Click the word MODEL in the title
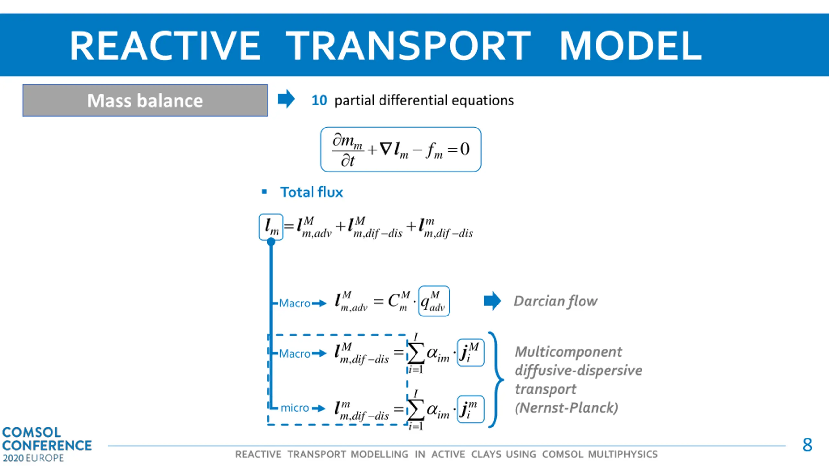pyautogui.click(x=630, y=46)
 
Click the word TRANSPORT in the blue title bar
pyautogui.click(x=408, y=46)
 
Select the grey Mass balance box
pyautogui.click(x=145, y=100)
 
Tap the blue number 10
pyautogui.click(x=319, y=100)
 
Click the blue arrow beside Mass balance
pyautogui.click(x=286, y=99)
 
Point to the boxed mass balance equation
pyautogui.click(x=401, y=149)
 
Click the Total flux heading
pyautogui.click(x=312, y=192)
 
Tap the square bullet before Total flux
pyautogui.click(x=264, y=192)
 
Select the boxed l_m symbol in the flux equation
pyautogui.click(x=271, y=227)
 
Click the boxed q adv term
pyautogui.click(x=434, y=301)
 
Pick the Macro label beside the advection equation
pyautogui.click(x=295, y=303)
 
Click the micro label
pyautogui.click(x=295, y=408)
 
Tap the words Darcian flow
pyautogui.click(x=555, y=301)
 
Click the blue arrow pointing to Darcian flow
pyautogui.click(x=492, y=301)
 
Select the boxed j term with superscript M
pyautogui.click(x=471, y=352)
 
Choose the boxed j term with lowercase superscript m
pyautogui.click(x=471, y=409)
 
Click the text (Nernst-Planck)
pyautogui.click(x=566, y=408)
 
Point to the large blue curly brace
pyautogui.click(x=495, y=380)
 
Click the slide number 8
pyautogui.click(x=807, y=445)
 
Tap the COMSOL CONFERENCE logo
pyautogui.click(x=47, y=444)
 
